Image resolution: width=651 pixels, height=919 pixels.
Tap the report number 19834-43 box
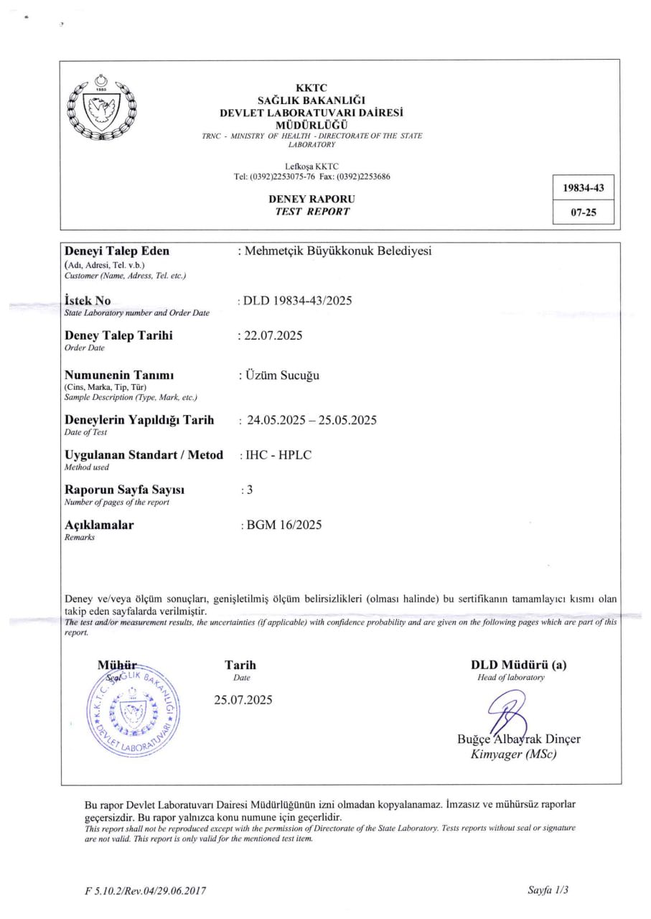(584, 189)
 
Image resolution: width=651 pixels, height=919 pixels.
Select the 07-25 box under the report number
(584, 213)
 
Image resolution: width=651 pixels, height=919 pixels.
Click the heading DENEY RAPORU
(312, 199)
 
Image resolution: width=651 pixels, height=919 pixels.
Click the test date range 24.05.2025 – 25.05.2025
(312, 420)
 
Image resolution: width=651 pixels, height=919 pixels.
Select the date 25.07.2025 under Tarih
(243, 700)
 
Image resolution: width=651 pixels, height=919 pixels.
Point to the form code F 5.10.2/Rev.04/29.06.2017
(146, 891)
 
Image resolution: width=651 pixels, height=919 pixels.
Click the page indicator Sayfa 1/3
(548, 890)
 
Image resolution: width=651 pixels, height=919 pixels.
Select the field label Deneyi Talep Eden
(118, 251)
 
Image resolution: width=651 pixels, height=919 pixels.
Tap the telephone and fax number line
(312, 177)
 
